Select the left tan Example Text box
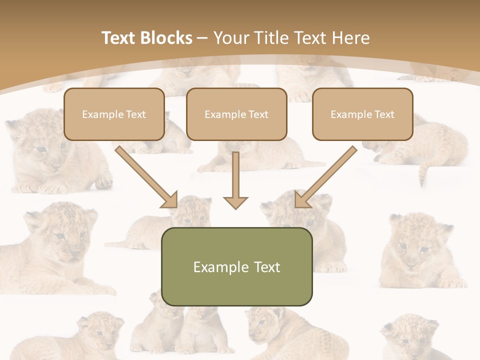coord(114,114)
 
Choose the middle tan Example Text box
coord(236,114)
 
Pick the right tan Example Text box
coord(362,114)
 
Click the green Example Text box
coord(236,266)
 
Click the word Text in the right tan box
coord(384,114)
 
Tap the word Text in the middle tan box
coord(258,114)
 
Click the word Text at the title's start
coord(119,38)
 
